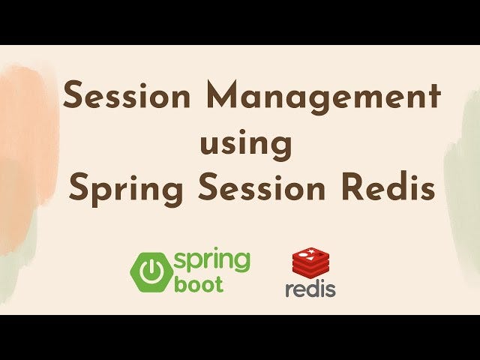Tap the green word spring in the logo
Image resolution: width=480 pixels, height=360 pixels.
[x=212, y=262]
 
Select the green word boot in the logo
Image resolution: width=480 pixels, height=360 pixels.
[x=198, y=285]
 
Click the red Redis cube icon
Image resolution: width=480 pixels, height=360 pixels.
[x=309, y=264]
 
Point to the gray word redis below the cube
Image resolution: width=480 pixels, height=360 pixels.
[x=310, y=289]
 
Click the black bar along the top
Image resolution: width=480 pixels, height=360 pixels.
[x=240, y=21]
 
